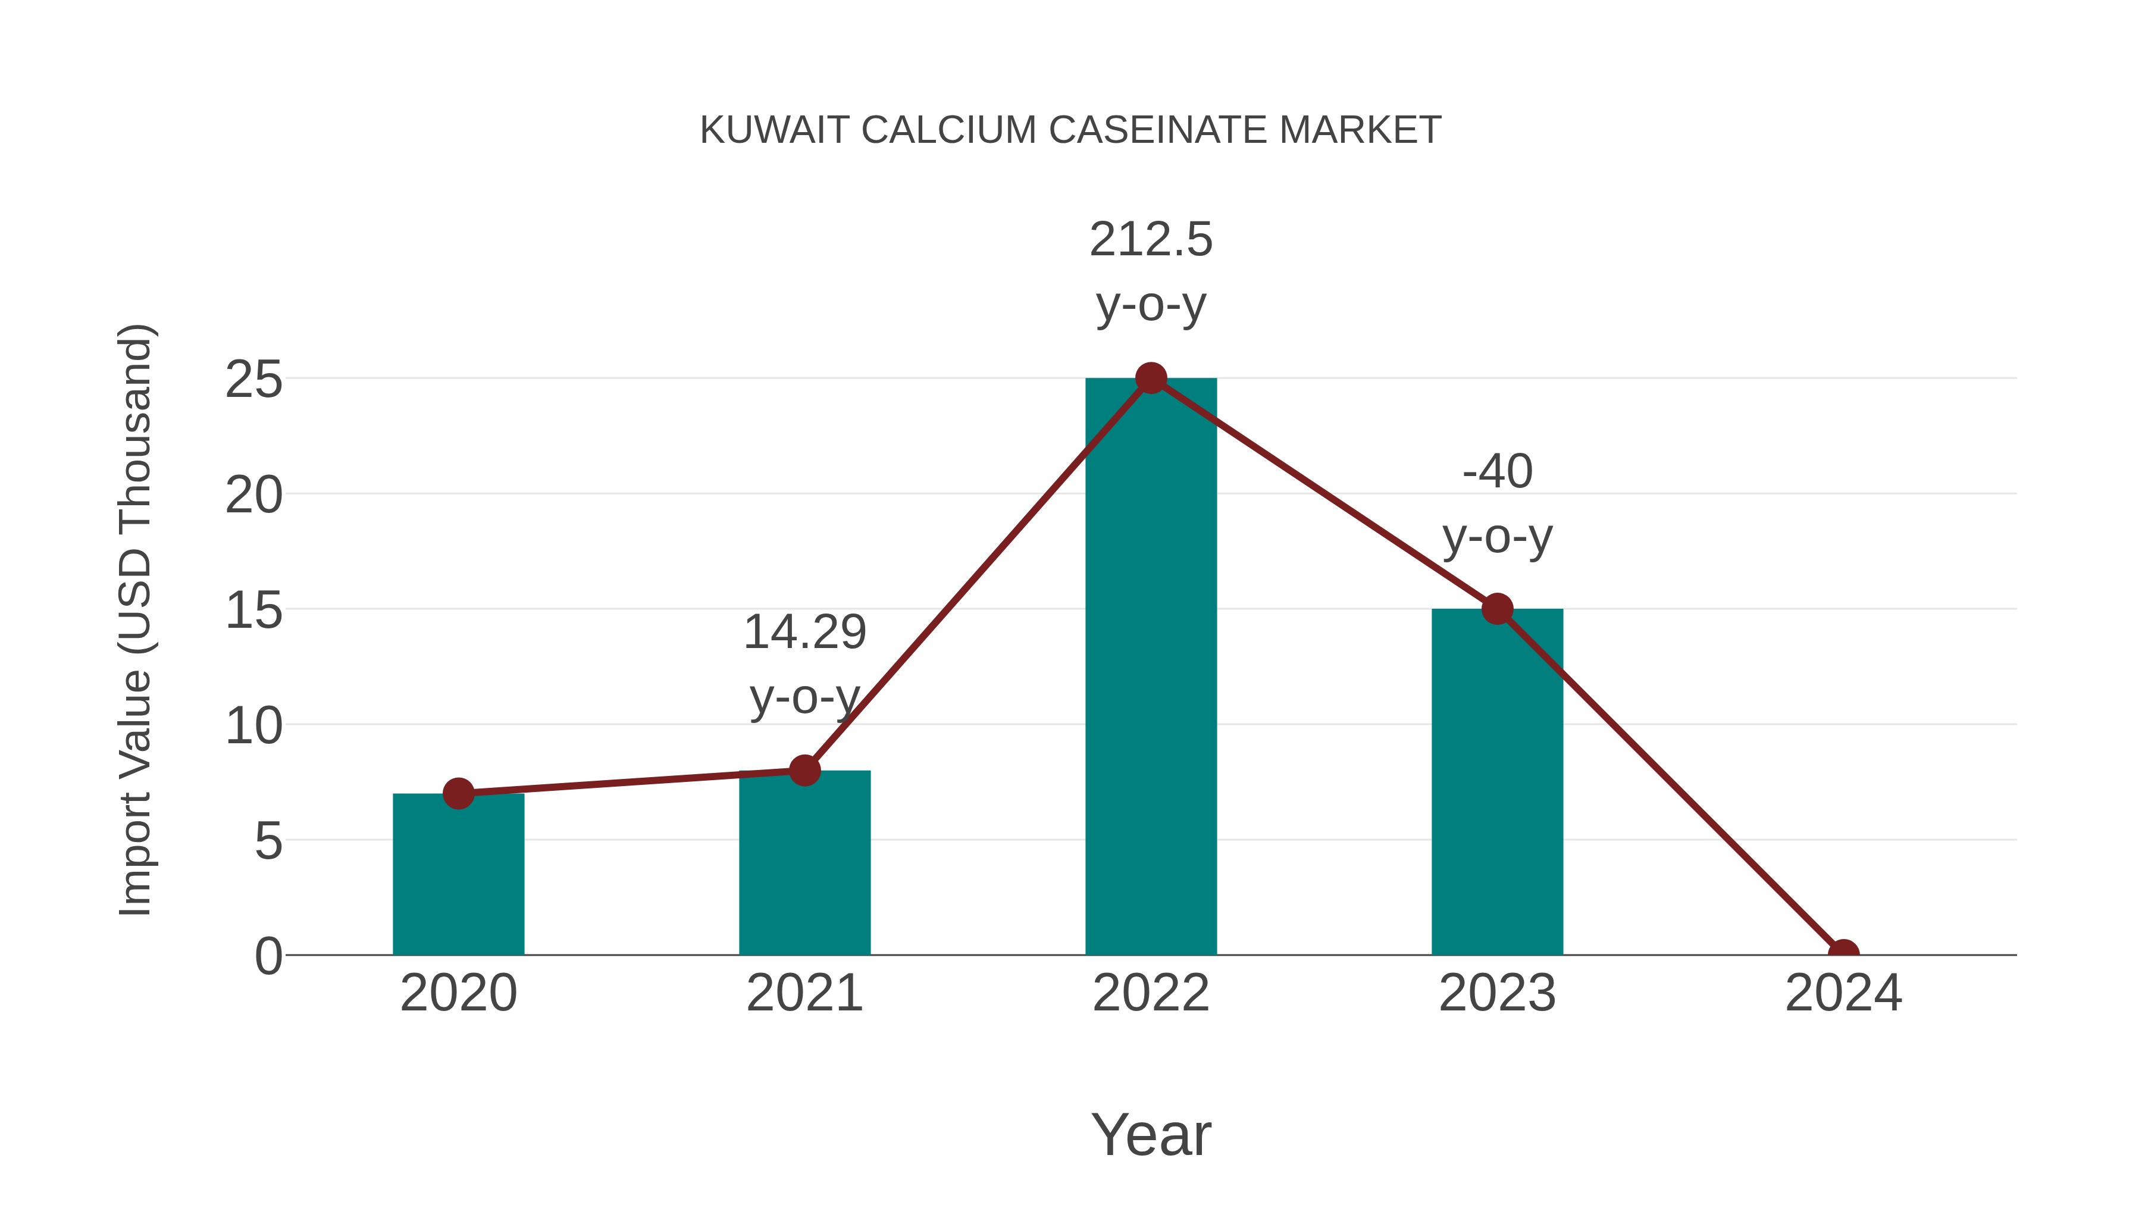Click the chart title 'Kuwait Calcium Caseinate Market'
click(1070, 130)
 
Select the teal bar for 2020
click(458, 881)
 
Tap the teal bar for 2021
click(804, 869)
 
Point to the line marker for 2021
click(804, 770)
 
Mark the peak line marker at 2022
click(1151, 378)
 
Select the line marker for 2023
click(1497, 609)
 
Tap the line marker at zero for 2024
click(1843, 953)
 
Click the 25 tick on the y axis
click(253, 380)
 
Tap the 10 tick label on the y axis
click(253, 726)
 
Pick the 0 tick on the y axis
click(268, 956)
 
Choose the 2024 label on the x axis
click(1843, 993)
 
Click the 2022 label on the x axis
click(1151, 993)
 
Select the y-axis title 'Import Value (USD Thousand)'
click(134, 619)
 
